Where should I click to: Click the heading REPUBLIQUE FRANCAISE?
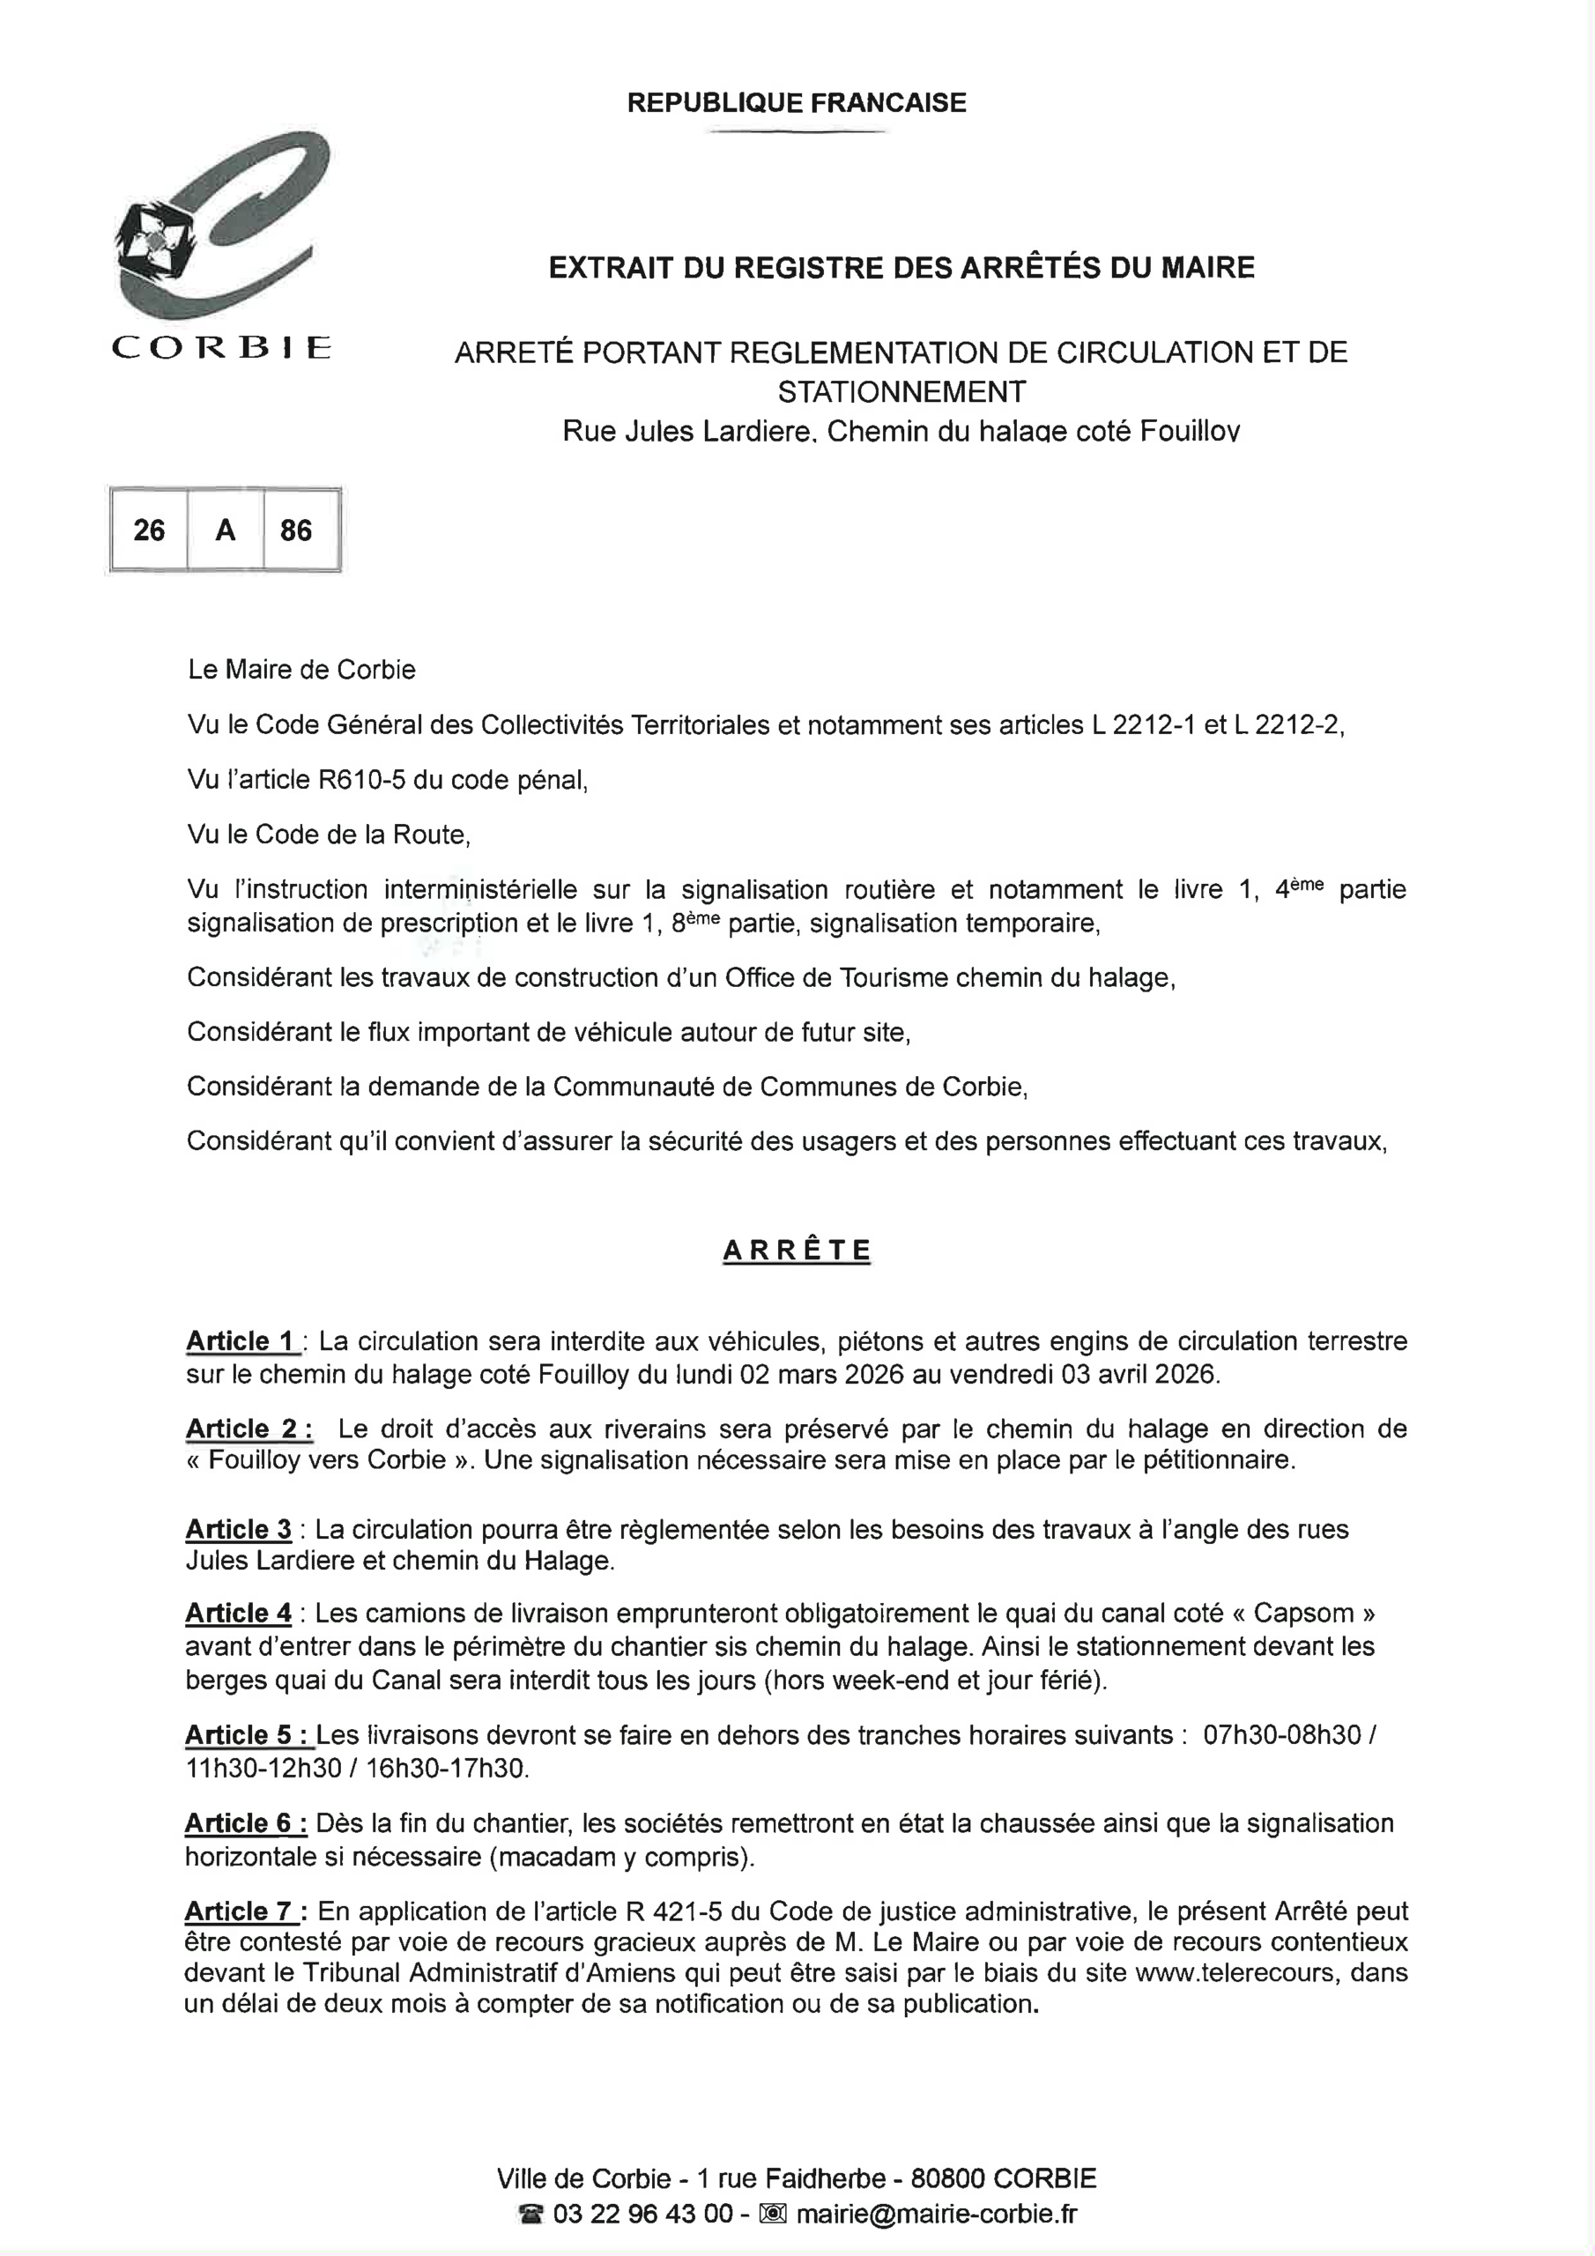(x=796, y=102)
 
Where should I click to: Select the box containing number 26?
(x=150, y=531)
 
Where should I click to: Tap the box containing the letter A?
(x=225, y=531)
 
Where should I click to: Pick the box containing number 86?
(x=296, y=531)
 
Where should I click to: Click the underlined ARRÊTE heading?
(x=796, y=1250)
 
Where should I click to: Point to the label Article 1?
(x=241, y=1341)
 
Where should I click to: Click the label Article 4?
(x=239, y=1614)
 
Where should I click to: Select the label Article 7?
(x=241, y=1911)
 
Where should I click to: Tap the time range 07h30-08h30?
(x=1282, y=1735)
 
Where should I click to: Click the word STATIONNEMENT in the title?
(x=901, y=392)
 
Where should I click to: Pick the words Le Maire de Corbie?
(x=301, y=670)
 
